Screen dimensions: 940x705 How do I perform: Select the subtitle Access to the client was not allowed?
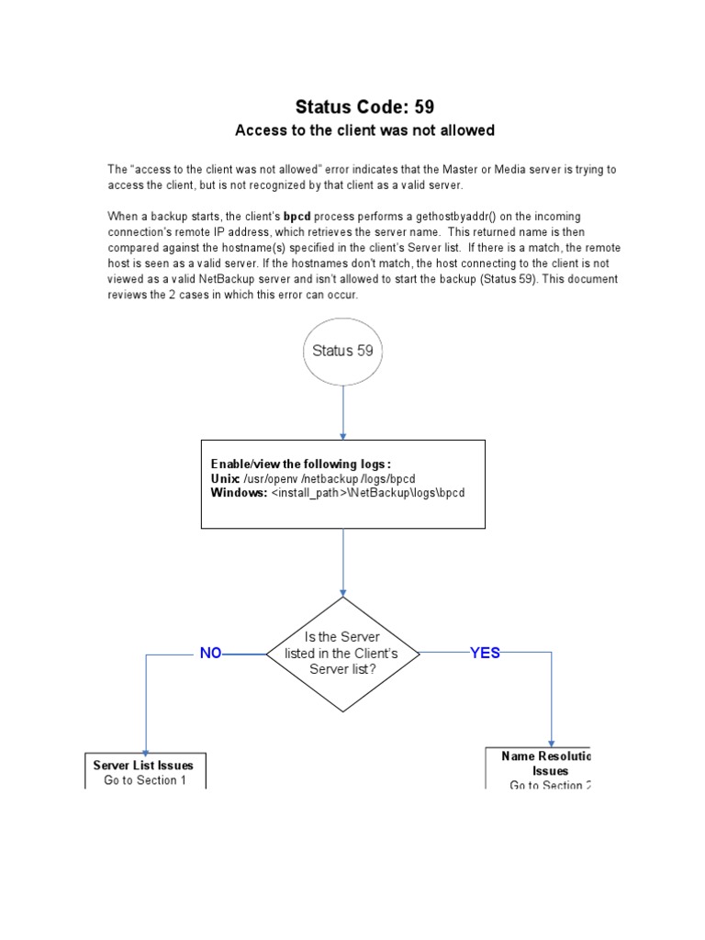pos(364,130)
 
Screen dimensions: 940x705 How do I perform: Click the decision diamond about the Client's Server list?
pos(343,654)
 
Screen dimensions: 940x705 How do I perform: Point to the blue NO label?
pos(211,654)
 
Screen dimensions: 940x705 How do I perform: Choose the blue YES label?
pos(485,654)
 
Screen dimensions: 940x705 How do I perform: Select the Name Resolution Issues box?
pos(538,769)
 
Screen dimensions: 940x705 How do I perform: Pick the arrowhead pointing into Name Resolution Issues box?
pos(552,743)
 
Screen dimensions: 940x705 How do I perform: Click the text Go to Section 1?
pos(145,780)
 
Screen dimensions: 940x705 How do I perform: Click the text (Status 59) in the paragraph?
pos(514,279)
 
